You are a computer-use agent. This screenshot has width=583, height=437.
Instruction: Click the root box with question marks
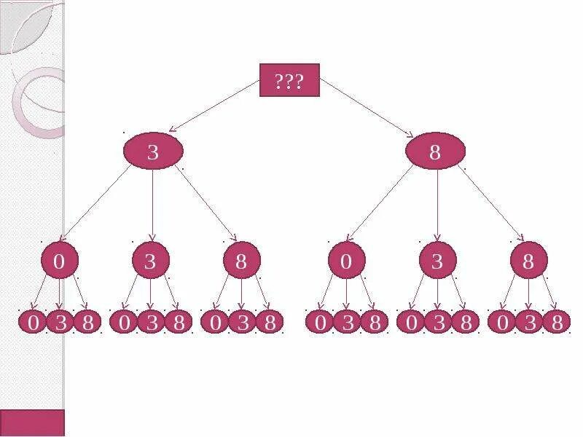(289, 80)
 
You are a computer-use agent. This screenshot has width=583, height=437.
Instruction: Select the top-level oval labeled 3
(152, 151)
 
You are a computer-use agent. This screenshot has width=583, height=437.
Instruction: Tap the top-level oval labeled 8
(435, 151)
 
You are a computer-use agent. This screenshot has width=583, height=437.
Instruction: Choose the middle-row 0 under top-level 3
(60, 261)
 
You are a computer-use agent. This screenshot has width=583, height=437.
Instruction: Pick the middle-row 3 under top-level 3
(151, 261)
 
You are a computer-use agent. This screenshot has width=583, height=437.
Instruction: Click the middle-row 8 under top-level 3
(242, 261)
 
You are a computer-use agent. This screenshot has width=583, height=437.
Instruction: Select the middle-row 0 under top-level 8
(346, 261)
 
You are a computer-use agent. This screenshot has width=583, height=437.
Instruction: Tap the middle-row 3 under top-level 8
(437, 261)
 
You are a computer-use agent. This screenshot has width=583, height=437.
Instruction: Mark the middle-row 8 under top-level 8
(528, 261)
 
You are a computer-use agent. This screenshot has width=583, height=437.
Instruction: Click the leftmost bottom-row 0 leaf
(34, 322)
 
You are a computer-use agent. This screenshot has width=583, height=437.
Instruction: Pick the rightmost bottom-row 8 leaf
(557, 322)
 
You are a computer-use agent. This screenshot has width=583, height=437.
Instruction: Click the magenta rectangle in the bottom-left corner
(32, 422)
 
